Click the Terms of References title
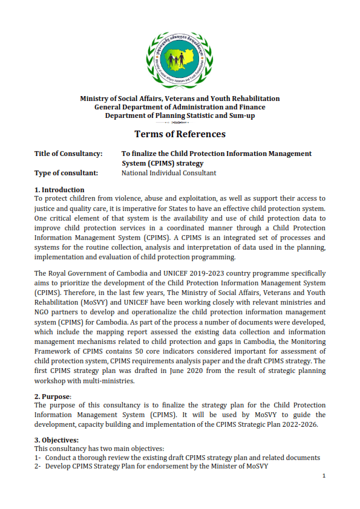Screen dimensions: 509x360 180,134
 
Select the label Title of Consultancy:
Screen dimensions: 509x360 68,154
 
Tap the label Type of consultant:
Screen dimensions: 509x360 66,173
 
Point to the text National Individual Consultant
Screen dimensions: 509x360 169,173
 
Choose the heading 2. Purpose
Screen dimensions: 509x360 53,397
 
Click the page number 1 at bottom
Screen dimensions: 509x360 324,476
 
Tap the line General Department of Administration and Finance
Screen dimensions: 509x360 180,107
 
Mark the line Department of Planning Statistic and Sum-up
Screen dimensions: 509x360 180,115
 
